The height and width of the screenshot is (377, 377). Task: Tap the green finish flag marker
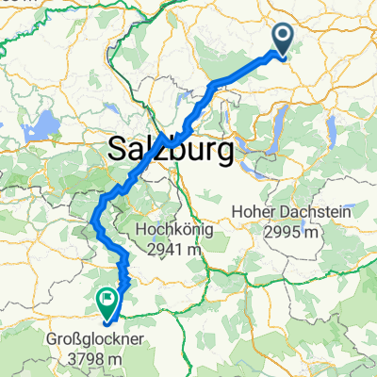coord(107,302)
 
